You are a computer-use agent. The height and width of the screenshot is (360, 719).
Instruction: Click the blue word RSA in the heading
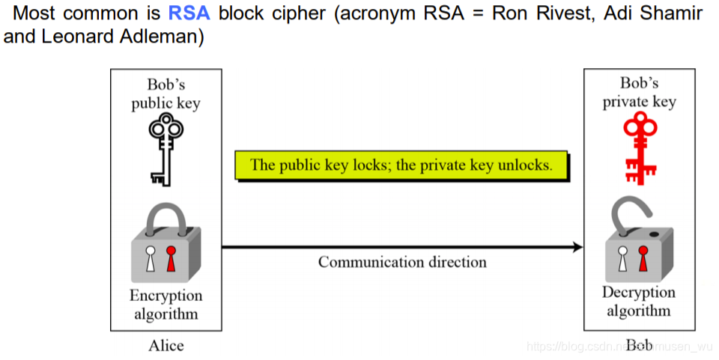coord(189,13)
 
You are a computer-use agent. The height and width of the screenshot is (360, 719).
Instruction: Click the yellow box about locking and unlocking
coord(401,165)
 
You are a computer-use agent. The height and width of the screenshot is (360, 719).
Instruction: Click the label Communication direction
coord(402,262)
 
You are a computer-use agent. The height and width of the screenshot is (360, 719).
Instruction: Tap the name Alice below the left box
coord(166,345)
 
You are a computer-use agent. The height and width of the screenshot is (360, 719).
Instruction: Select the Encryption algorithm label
coord(166,305)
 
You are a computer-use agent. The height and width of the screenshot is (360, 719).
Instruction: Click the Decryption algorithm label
coord(639,301)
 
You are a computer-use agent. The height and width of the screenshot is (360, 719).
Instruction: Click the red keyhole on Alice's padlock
coord(172,259)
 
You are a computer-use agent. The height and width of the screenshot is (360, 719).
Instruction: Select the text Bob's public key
coord(166,94)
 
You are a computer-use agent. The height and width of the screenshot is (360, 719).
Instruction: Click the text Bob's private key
coord(639,92)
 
